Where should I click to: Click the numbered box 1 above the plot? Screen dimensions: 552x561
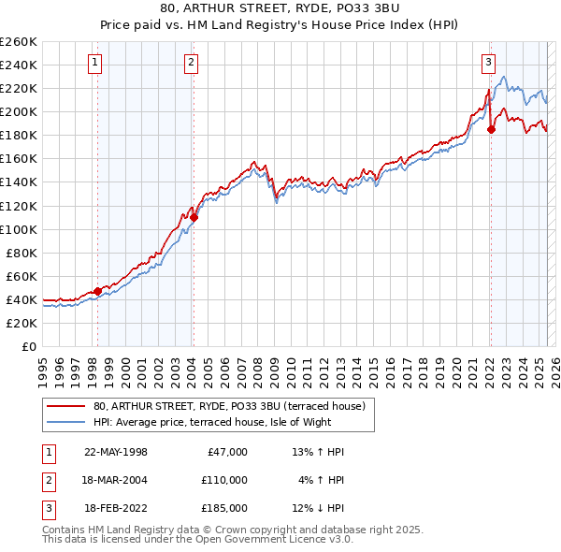[97, 63]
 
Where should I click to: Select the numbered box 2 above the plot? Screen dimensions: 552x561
[191, 63]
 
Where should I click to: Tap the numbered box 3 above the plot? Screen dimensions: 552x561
[488, 63]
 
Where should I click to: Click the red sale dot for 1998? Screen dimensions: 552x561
[97, 291]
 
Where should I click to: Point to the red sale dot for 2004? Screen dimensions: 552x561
[194, 217]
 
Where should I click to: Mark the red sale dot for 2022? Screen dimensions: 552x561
[491, 129]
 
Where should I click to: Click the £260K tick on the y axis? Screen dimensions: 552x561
[19, 42]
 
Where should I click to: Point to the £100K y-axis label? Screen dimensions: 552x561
[19, 229]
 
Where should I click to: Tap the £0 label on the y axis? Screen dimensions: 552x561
[28, 346]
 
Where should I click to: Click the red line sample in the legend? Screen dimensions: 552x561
[66, 405]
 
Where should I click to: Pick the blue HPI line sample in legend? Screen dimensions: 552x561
[66, 421]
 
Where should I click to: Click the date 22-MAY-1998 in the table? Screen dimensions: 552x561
[116, 452]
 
